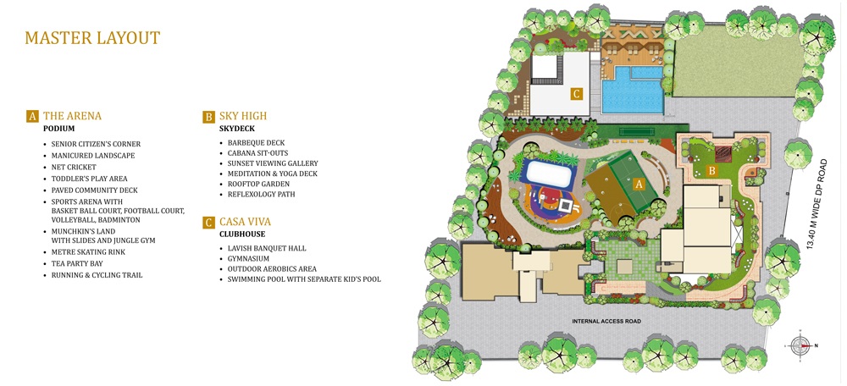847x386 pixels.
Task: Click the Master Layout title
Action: pyautogui.click(x=92, y=38)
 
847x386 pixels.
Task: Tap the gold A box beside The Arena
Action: pyautogui.click(x=32, y=116)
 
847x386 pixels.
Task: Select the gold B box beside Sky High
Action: pyautogui.click(x=208, y=116)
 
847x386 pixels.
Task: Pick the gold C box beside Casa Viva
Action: pyautogui.click(x=208, y=222)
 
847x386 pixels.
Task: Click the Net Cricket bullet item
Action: pyautogui.click(x=74, y=167)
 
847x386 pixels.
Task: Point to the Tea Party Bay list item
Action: pyautogui.click(x=77, y=263)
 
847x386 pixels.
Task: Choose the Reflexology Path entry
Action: pyautogui.click(x=261, y=194)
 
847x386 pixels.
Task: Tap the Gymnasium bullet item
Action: pyautogui.click(x=248, y=258)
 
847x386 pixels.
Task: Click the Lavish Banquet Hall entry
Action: pyautogui.click(x=267, y=248)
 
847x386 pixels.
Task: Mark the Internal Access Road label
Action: pyautogui.click(x=606, y=321)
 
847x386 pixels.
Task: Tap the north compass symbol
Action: pyautogui.click(x=800, y=345)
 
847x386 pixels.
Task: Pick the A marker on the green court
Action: pyautogui.click(x=639, y=184)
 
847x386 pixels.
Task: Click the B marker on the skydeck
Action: pyautogui.click(x=712, y=172)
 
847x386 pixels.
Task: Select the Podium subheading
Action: pyautogui.click(x=59, y=129)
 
